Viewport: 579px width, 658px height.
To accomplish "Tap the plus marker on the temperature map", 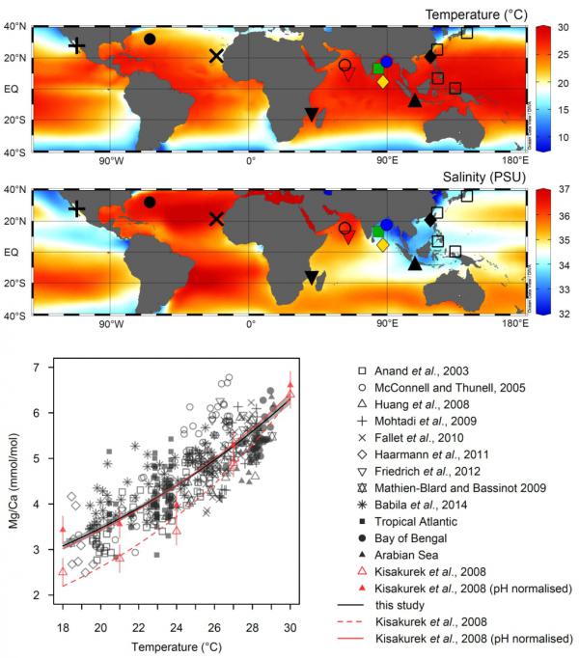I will pyautogui.click(x=77, y=45).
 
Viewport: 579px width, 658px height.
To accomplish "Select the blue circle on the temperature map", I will pyautogui.click(x=386, y=62).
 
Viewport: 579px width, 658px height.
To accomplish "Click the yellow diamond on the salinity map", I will pyautogui.click(x=383, y=245).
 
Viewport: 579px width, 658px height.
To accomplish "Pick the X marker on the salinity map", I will pyautogui.click(x=216, y=219).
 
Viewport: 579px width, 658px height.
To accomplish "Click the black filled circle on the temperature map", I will pyautogui.click(x=150, y=39).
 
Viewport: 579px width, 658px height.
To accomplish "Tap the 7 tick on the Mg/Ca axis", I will pyautogui.click(x=40, y=368).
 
